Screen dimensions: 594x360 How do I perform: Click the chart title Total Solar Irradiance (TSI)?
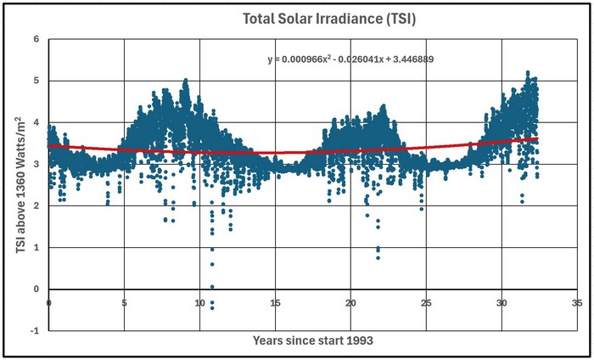pyautogui.click(x=329, y=19)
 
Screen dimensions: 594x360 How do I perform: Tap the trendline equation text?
pyautogui.click(x=350, y=59)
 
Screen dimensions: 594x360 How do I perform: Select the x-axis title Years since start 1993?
pyautogui.click(x=313, y=340)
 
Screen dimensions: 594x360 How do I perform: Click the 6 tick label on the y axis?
pyautogui.click(x=36, y=39)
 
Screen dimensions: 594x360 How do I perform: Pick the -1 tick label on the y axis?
pyautogui.click(x=35, y=331)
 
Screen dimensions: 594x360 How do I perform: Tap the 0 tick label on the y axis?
pyautogui.click(x=36, y=290)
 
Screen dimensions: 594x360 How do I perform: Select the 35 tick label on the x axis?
pyautogui.click(x=577, y=303)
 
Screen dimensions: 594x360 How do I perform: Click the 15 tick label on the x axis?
pyautogui.click(x=276, y=303)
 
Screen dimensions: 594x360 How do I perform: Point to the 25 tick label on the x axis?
pyautogui.click(x=426, y=303)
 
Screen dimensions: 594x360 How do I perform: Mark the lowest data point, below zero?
pyautogui.click(x=212, y=308)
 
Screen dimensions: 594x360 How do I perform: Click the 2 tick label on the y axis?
pyautogui.click(x=36, y=205)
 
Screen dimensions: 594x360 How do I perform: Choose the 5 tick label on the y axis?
pyautogui.click(x=36, y=81)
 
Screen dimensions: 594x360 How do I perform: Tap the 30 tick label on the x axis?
pyautogui.click(x=502, y=303)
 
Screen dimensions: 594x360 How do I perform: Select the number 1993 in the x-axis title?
pyautogui.click(x=360, y=340)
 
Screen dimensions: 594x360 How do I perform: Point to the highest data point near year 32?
pyautogui.click(x=527, y=72)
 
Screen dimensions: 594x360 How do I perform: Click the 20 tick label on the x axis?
pyautogui.click(x=350, y=303)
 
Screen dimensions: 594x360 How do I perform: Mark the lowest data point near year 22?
pyautogui.click(x=378, y=258)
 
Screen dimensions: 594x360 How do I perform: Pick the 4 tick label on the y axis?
pyautogui.click(x=36, y=122)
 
